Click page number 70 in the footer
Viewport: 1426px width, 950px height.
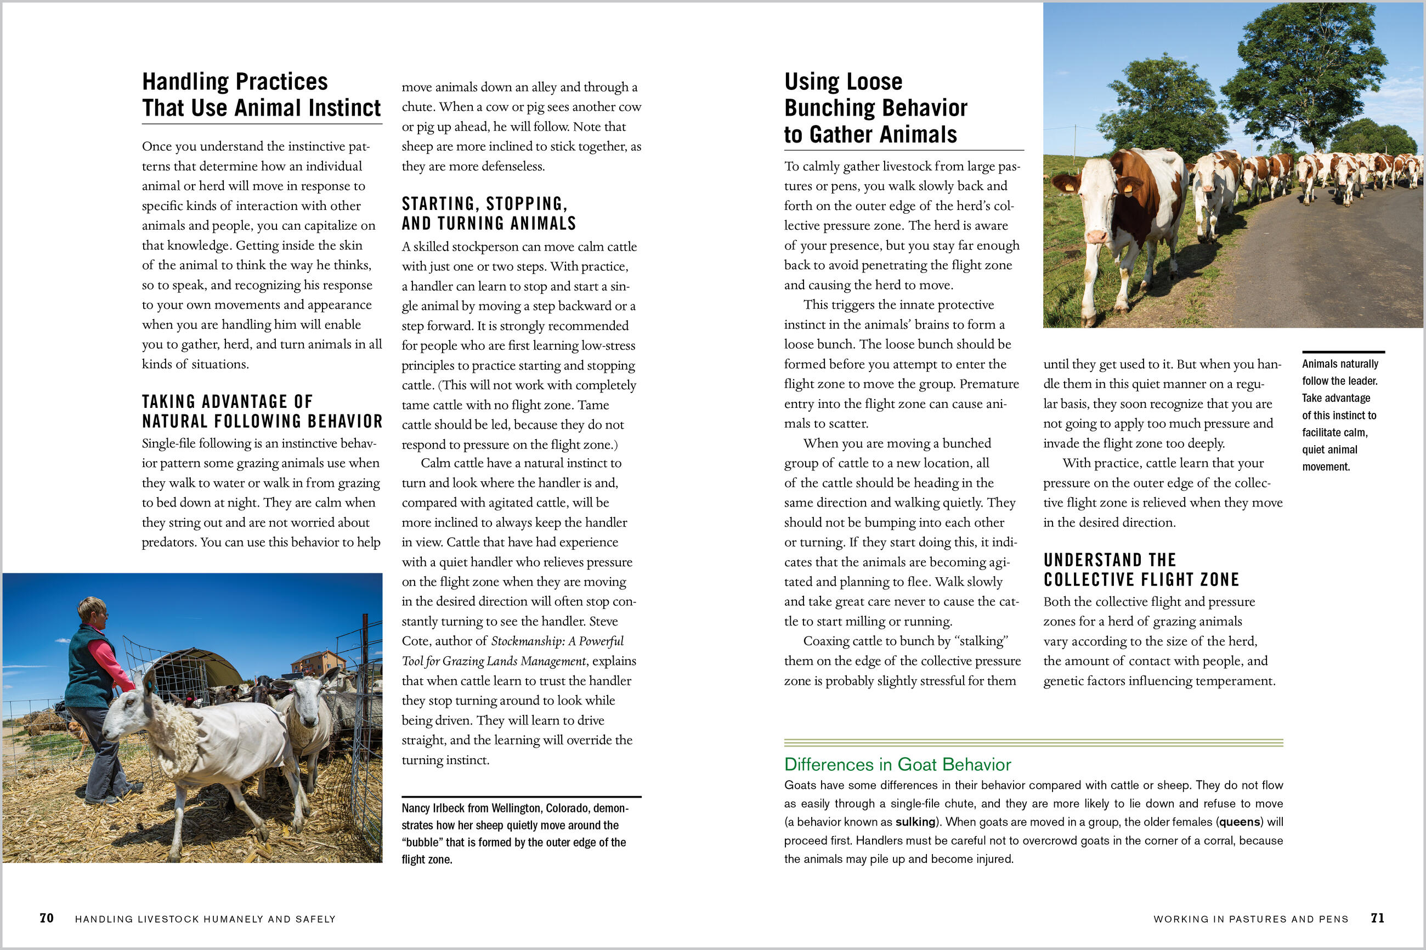47,918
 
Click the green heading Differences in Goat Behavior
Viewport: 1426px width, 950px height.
897,765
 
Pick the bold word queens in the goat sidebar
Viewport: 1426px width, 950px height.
1240,822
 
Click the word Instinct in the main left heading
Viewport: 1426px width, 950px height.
344,108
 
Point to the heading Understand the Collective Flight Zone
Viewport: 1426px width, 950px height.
1141,570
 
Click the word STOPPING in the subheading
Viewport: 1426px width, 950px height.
527,203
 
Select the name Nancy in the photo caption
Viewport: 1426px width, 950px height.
416,808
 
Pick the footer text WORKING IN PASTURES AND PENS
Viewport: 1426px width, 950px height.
1251,919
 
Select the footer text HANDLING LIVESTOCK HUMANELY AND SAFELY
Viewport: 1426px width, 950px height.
205,919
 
